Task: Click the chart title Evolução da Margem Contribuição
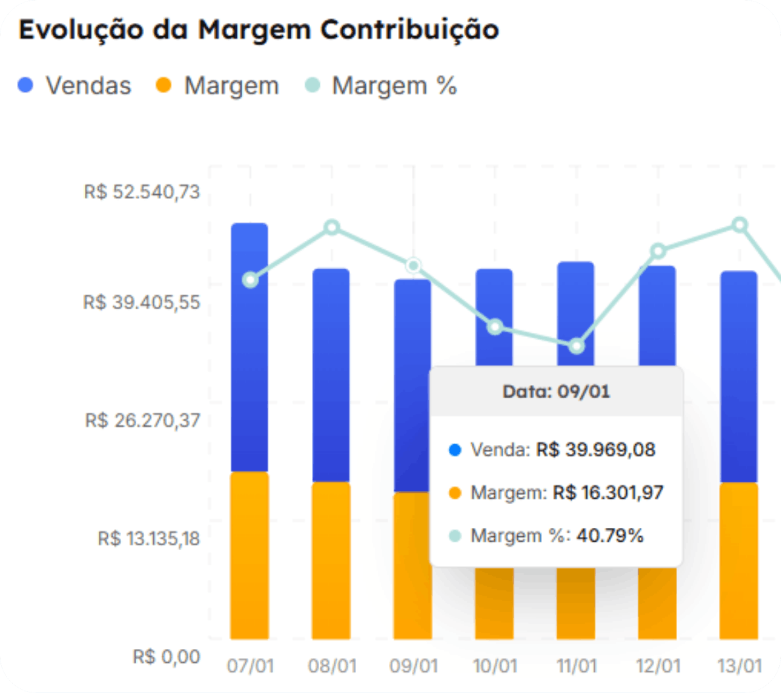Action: [258, 30]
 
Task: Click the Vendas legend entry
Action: [75, 86]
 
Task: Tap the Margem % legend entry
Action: [381, 86]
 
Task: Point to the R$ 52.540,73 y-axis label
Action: [141, 192]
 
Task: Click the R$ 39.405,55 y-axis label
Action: [141, 303]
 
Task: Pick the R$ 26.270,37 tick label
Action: [142, 421]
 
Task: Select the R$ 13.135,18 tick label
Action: [149, 538]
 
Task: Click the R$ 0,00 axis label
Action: [166, 657]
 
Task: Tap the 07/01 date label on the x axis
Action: [250, 666]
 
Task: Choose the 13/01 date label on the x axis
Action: [740, 666]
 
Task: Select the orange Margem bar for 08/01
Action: [331, 559]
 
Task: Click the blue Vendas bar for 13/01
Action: [739, 375]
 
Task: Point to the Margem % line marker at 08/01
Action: [332, 228]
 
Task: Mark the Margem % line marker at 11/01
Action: [576, 346]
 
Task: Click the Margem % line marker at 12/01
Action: [658, 251]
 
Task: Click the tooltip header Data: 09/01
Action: [556, 392]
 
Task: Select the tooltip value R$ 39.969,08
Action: [595, 450]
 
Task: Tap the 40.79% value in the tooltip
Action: [610, 536]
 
